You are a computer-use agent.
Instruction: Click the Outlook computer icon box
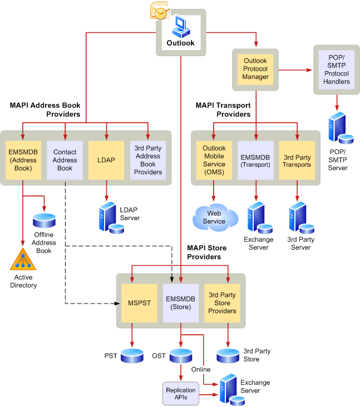[x=181, y=32]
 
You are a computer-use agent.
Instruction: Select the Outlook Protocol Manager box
[x=255, y=69]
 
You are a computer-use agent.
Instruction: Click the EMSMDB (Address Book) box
[x=23, y=160]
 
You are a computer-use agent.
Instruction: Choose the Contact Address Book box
[x=65, y=160]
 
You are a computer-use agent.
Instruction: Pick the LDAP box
[x=106, y=160]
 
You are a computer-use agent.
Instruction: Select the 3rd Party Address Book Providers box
[x=148, y=160]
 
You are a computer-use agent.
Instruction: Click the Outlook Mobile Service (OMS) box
[x=214, y=160]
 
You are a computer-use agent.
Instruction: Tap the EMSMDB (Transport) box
[x=255, y=160]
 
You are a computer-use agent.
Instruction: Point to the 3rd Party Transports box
[x=297, y=160]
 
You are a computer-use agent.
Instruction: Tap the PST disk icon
[x=132, y=356]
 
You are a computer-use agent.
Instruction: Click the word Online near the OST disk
[x=201, y=369]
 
